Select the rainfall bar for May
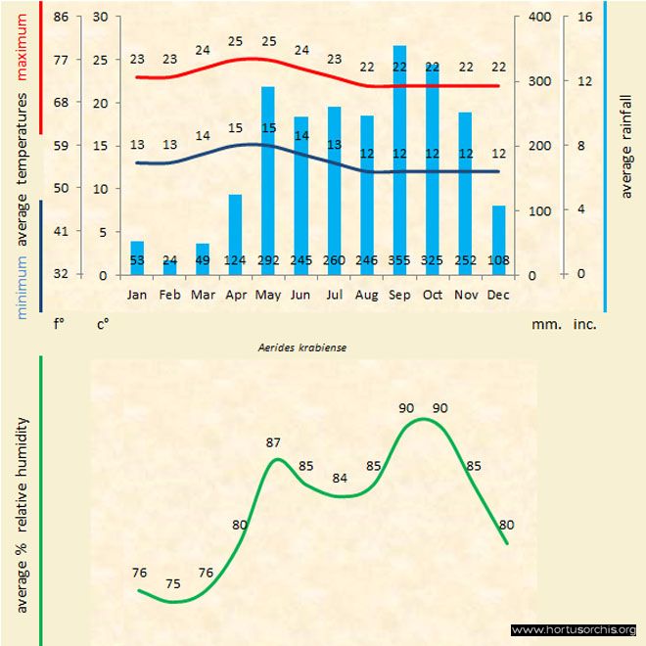point(267,180)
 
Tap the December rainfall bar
point(498,240)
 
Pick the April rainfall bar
point(235,234)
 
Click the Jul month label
point(334,293)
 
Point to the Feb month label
point(170,293)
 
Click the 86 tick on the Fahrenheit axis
point(61,17)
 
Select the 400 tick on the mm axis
point(539,17)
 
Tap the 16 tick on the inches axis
point(584,17)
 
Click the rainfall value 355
point(399,260)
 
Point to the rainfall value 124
point(235,260)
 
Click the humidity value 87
point(274,442)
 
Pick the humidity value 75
point(173,584)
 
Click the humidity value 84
point(340,478)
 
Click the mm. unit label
point(544,321)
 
